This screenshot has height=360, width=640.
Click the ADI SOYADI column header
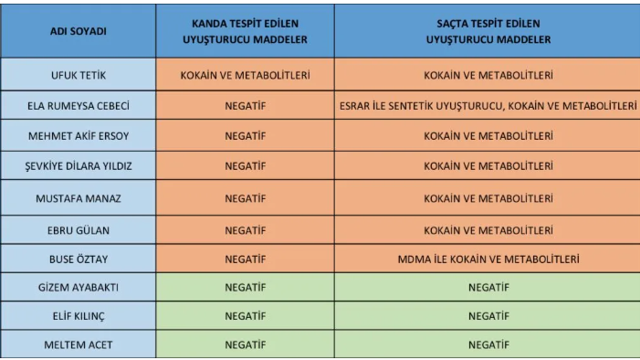[77, 31]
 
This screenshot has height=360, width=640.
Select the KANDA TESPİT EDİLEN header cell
[245, 31]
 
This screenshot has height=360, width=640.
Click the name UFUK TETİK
[77, 75]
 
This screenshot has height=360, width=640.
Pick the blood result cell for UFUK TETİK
[245, 75]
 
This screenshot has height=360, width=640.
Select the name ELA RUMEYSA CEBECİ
[77, 105]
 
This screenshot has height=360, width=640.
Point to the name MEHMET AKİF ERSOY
[77, 135]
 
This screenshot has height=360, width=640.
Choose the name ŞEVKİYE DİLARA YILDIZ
[77, 166]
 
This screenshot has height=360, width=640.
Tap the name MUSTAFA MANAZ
[77, 198]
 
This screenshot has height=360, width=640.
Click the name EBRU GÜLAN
[77, 229]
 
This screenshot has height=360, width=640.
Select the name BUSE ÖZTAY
[77, 259]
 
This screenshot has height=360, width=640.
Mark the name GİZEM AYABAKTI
[77, 288]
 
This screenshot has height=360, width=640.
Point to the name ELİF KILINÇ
[77, 316]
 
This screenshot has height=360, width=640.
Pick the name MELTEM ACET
[77, 344]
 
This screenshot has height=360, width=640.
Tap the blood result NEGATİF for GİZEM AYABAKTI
[245, 288]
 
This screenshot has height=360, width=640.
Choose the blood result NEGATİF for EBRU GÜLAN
[245, 229]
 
